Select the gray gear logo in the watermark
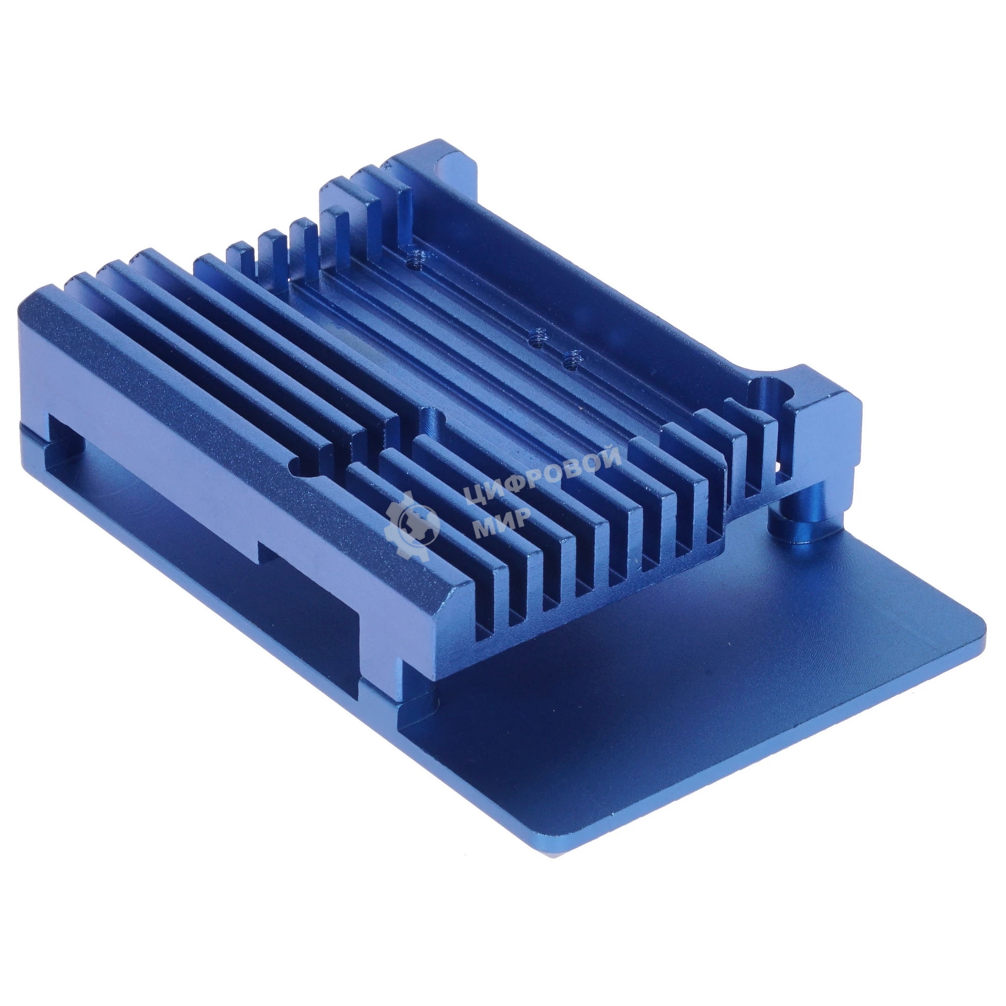point(412,521)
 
